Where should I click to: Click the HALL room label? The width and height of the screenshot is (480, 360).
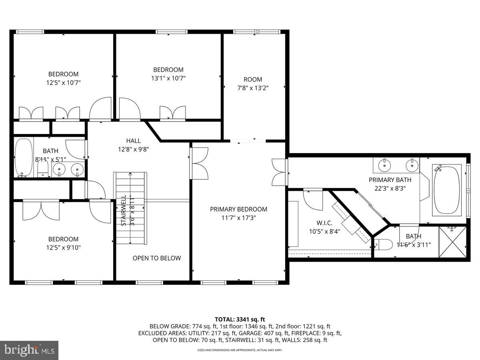point(133,141)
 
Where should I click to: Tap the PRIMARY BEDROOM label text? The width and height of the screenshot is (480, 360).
point(239,209)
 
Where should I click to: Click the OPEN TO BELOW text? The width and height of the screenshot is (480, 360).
point(157,258)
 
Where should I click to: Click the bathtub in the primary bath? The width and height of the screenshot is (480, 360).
point(447,190)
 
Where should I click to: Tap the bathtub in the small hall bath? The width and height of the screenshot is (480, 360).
point(24,158)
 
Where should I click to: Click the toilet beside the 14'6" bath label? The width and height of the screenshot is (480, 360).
point(383,244)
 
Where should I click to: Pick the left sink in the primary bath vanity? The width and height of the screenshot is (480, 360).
point(384,164)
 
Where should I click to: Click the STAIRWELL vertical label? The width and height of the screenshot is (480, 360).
point(124,210)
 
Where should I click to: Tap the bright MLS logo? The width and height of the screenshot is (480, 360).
point(29,350)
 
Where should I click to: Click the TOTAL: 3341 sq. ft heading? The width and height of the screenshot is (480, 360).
point(240,319)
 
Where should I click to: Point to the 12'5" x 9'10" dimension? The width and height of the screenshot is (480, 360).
point(64,248)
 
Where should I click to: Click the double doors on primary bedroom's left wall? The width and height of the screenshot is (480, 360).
point(199,163)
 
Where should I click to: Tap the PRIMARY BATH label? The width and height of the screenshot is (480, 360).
point(390,180)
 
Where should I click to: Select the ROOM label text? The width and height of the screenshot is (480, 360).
point(253,79)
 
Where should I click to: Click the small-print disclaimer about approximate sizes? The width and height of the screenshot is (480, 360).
point(240,350)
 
